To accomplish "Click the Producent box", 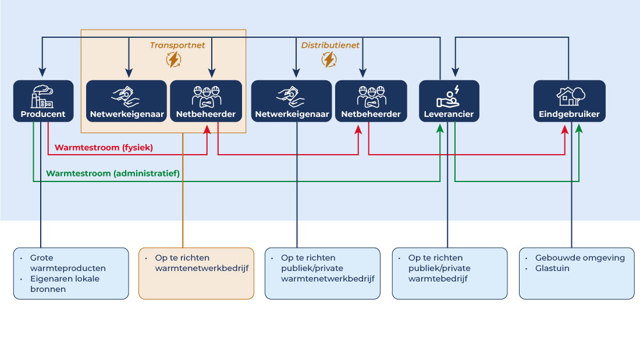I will click(x=43, y=101).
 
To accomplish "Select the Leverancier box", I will click(x=449, y=101).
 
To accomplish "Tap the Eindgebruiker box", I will click(x=569, y=101).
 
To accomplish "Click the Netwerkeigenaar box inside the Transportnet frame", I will click(x=127, y=101).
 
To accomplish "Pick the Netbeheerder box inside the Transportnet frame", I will click(x=205, y=101).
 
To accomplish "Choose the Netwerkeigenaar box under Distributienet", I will click(x=291, y=101).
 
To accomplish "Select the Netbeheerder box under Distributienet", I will click(x=371, y=101).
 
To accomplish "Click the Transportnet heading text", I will click(x=177, y=45).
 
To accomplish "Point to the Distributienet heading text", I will click(x=330, y=45).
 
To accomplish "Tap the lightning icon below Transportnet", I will click(x=173, y=59).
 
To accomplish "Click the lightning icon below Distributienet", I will click(x=329, y=59).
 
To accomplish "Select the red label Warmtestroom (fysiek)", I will click(x=104, y=148).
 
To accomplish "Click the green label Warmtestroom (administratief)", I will click(x=113, y=173).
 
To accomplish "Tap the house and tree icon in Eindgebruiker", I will click(x=570, y=95).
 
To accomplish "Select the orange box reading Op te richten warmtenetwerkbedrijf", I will click(x=196, y=273).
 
